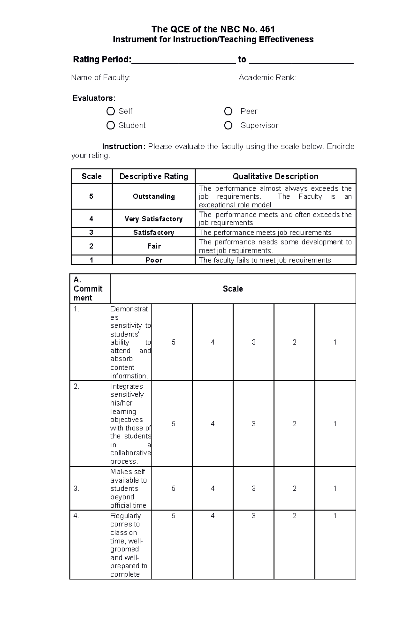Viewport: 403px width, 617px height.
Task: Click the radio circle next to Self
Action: click(x=110, y=111)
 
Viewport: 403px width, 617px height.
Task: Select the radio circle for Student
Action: click(x=110, y=125)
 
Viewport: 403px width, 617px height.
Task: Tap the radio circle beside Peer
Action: click(x=228, y=111)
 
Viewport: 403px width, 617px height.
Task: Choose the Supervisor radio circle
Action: click(x=228, y=125)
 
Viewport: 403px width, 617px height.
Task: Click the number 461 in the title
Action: click(x=267, y=29)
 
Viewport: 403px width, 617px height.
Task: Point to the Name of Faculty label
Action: click(x=100, y=78)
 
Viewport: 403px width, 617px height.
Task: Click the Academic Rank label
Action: click(x=267, y=78)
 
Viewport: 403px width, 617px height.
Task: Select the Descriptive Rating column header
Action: click(x=153, y=176)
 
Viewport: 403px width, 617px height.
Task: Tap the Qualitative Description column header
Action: click(x=275, y=176)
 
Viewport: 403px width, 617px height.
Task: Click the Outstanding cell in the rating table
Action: click(x=153, y=196)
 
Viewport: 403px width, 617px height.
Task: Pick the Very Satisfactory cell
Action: click(x=153, y=219)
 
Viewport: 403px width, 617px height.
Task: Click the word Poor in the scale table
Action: click(x=153, y=260)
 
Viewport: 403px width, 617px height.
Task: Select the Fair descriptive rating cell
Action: click(x=153, y=246)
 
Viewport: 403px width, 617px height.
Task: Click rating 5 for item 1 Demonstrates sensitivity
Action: click(x=173, y=342)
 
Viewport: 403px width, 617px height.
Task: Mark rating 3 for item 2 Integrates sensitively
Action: click(x=254, y=424)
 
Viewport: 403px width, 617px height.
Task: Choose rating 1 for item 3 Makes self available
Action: click(x=335, y=488)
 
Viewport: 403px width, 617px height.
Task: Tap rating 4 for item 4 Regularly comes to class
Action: click(x=213, y=516)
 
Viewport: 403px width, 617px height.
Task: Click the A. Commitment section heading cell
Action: click(x=88, y=288)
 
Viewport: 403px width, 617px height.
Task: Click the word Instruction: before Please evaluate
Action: click(x=124, y=147)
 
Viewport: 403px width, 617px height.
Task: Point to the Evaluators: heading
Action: click(x=94, y=98)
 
